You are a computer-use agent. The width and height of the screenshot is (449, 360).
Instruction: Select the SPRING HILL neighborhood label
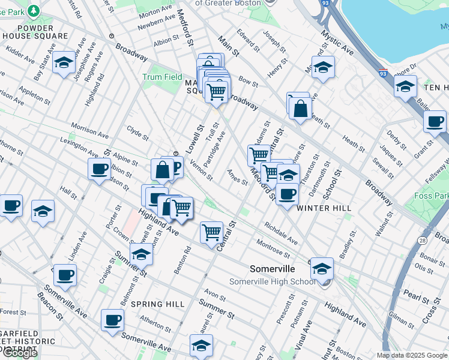pos(158,304)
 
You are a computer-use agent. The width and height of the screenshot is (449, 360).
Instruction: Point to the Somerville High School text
pos(272,282)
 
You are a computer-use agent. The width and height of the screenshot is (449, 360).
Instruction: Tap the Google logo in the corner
pos(20,353)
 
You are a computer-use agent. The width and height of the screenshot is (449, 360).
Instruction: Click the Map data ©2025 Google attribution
pos(412,355)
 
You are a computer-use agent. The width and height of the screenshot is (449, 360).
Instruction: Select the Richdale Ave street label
pos(280,233)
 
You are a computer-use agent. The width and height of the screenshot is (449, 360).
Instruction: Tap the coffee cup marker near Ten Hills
pos(435,121)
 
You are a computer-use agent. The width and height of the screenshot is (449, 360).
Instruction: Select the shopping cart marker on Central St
pos(211,232)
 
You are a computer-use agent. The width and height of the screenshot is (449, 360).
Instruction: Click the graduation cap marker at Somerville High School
pos(322,268)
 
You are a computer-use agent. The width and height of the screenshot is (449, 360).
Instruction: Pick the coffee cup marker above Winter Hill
pos(288,194)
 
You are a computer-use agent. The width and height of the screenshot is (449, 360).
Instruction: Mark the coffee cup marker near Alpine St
pos(99,169)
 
